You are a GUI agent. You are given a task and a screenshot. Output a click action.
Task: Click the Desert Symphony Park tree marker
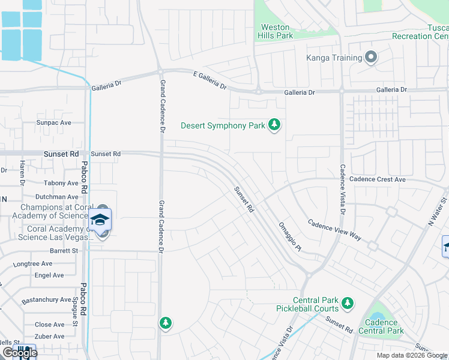[x=274, y=125]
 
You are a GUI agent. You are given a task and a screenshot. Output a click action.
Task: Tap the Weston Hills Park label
[x=276, y=32]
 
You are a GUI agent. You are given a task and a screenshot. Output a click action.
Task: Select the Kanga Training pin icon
[x=371, y=58]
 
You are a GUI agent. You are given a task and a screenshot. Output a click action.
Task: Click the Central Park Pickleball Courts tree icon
[x=346, y=304]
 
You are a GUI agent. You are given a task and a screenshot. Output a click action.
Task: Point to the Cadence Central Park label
[x=381, y=326]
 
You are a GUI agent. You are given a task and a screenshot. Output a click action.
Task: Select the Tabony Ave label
[x=61, y=183]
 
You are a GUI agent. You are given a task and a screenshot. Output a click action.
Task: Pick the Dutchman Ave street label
[x=57, y=196]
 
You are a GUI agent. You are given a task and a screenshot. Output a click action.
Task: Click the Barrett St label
[x=65, y=252]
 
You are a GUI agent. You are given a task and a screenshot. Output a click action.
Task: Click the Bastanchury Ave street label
[x=47, y=300]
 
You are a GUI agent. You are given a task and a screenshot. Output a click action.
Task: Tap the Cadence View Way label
[x=335, y=229]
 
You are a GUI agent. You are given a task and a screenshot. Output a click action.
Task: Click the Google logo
[x=19, y=353]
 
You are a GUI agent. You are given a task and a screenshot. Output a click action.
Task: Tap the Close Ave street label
[x=50, y=325]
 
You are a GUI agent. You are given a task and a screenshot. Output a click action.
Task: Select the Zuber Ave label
[x=50, y=337]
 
